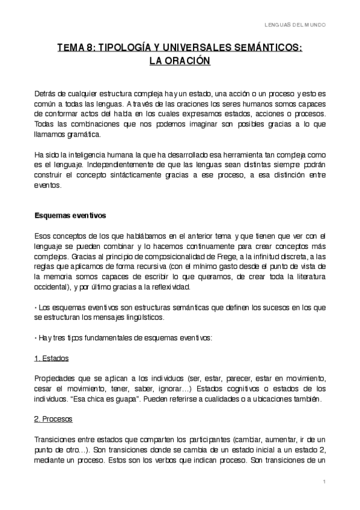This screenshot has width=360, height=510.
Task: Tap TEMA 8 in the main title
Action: pos(75,48)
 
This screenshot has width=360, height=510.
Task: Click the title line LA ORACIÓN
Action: pos(180,61)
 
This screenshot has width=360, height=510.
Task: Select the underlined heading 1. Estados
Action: pos(50,358)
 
